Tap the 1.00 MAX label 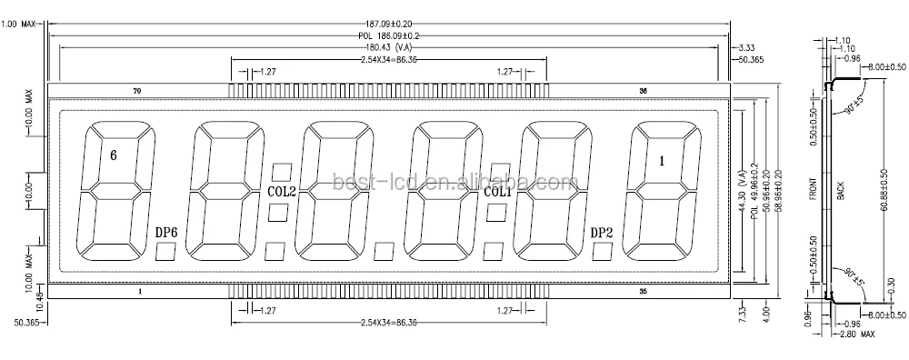coord(19,25)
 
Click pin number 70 coord(137,91)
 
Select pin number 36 coord(643,91)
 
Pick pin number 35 coord(643,292)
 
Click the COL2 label coord(281,192)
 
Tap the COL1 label coord(497,192)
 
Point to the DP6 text coord(165,233)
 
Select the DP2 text coord(602,233)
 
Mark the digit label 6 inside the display coord(113,155)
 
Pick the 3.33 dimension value coord(748,47)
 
